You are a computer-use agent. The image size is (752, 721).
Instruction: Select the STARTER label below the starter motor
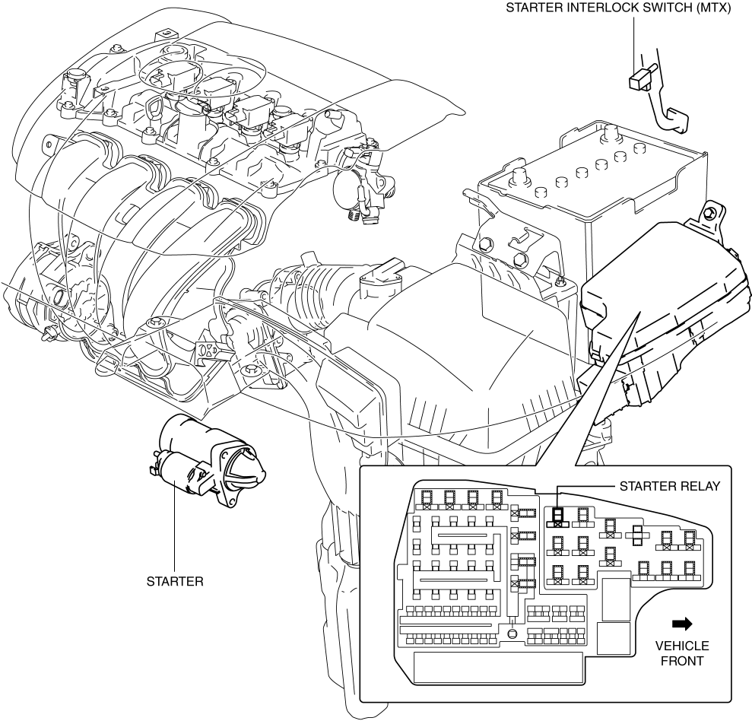click(175, 582)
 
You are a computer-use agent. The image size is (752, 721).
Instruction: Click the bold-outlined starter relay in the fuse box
click(557, 518)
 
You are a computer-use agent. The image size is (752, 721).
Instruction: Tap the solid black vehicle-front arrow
click(682, 624)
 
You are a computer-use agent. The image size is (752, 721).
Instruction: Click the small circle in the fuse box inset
click(512, 633)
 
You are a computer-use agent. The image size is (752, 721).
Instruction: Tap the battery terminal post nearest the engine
click(522, 176)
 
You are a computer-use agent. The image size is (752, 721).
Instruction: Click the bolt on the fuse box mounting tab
click(712, 214)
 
